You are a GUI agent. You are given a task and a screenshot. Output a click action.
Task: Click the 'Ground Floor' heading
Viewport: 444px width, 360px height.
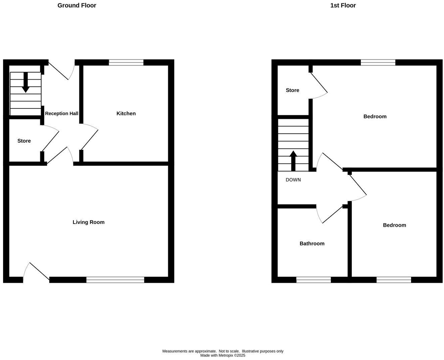(77, 5)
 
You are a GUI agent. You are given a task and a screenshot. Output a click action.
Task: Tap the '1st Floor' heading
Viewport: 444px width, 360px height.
(343, 5)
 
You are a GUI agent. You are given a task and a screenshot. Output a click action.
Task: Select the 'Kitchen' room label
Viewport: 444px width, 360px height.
(126, 114)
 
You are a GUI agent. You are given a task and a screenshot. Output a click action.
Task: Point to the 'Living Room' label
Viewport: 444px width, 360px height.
(89, 222)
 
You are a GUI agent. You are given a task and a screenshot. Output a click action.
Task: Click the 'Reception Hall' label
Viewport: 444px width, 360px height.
(61, 114)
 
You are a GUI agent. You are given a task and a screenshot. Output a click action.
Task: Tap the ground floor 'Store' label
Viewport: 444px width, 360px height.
(24, 141)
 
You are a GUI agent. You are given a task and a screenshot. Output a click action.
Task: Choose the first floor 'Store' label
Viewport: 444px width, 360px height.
(292, 90)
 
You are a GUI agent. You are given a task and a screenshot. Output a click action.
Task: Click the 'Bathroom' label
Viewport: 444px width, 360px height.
(312, 243)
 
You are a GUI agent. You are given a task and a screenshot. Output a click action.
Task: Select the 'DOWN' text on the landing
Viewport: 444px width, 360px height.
(293, 180)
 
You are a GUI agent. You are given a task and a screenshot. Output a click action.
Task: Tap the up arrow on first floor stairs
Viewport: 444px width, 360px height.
(293, 161)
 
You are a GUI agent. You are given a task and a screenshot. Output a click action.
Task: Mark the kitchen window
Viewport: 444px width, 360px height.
(126, 62)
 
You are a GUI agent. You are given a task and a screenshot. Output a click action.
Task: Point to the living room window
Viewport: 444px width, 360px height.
(115, 280)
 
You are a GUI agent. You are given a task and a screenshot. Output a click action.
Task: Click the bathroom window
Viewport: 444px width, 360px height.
(313, 280)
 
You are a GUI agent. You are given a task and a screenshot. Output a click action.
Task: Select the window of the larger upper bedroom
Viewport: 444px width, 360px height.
(378, 62)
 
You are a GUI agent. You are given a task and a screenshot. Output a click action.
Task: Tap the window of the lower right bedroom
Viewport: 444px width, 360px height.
(394, 280)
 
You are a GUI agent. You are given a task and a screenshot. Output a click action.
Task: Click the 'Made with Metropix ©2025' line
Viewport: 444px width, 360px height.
(223, 355)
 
